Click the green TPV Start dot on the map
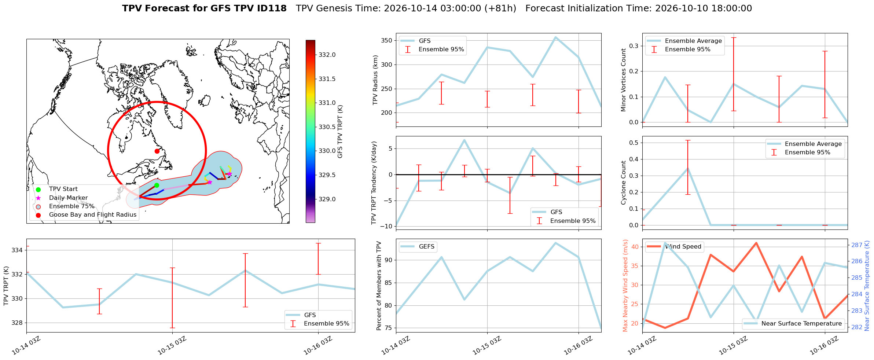tap(157, 185)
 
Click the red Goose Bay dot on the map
tap(157, 151)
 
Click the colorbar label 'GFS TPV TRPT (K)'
tap(340, 132)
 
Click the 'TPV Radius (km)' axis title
tap(375, 80)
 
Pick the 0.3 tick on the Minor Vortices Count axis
tap(633, 46)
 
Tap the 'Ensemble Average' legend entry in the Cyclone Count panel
tap(813, 144)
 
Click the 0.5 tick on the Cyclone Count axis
tap(633, 143)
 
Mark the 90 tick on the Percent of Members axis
tap(388, 260)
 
